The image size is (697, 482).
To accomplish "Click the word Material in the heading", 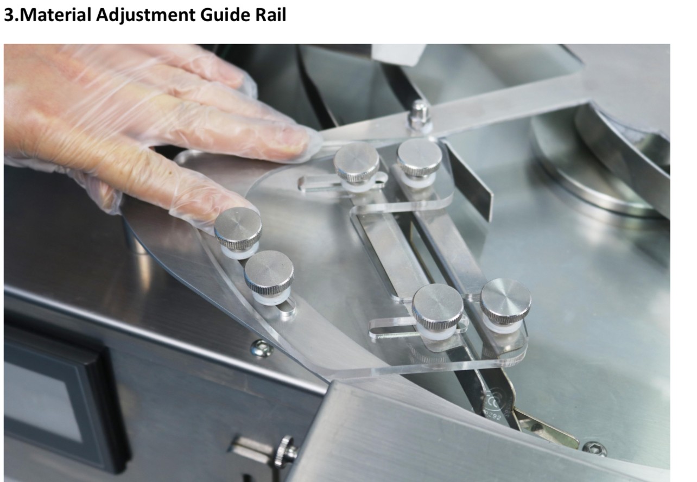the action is tap(56, 15).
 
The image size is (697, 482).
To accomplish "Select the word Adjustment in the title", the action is tap(145, 16).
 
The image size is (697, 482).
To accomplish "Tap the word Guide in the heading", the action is tap(225, 15).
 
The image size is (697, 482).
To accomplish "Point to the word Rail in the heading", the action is tap(270, 15).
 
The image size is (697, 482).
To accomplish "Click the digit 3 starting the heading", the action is tap(9, 15).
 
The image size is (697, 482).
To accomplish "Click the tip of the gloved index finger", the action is tap(246, 208).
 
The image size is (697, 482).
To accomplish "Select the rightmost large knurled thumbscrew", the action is tap(505, 303).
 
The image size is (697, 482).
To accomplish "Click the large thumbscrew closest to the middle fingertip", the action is tap(357, 165).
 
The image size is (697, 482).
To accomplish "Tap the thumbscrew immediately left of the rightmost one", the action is tap(438, 309).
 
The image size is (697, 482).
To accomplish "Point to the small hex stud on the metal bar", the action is tap(420, 116).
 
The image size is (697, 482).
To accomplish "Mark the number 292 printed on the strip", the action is tap(493, 415).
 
